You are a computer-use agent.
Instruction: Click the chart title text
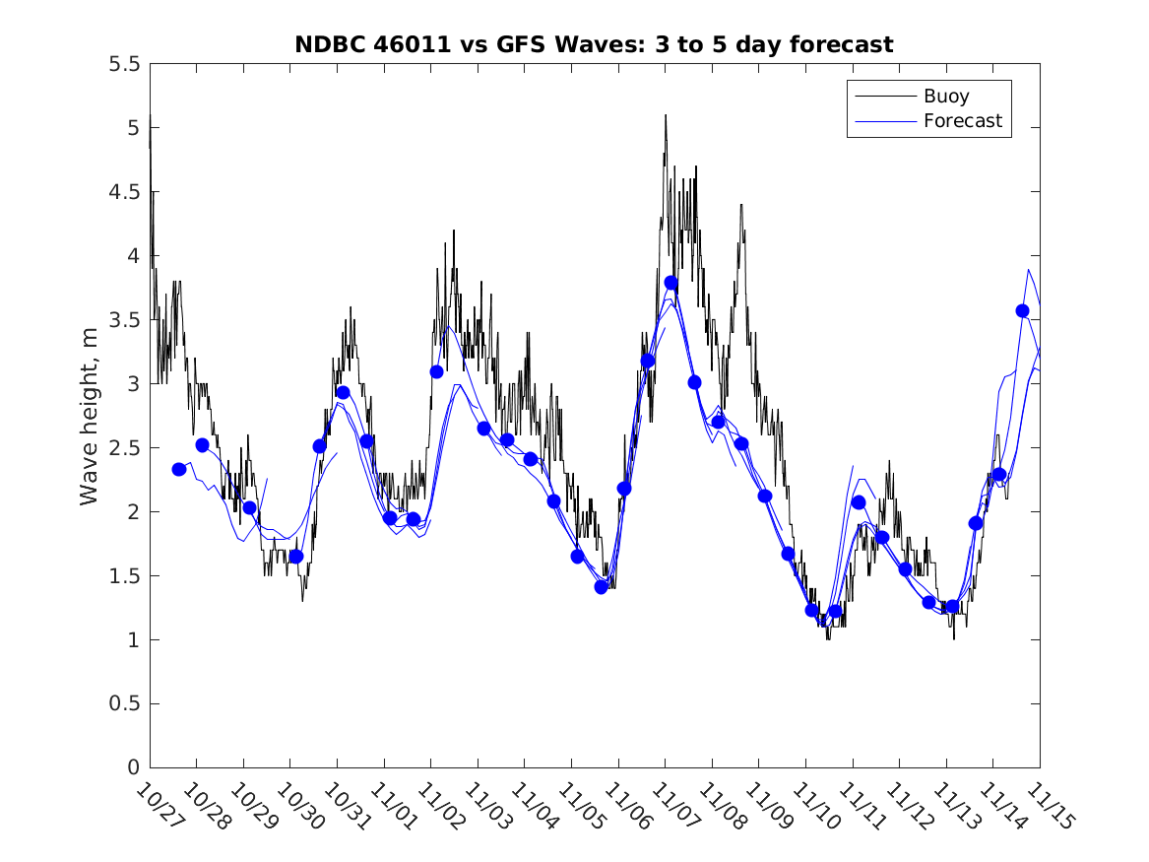coord(594,44)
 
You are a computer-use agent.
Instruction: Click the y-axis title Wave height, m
coord(90,415)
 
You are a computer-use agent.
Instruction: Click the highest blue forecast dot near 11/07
coord(671,283)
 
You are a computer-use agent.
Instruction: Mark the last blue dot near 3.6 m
coord(1023,310)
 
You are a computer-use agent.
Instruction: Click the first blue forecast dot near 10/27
coord(179,469)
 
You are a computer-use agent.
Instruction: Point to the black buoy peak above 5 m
coord(666,116)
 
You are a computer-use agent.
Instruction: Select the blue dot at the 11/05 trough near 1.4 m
coord(601,587)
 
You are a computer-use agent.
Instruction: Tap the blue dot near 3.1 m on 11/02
coord(436,371)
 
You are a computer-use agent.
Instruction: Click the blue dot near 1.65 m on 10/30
coord(296,557)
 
